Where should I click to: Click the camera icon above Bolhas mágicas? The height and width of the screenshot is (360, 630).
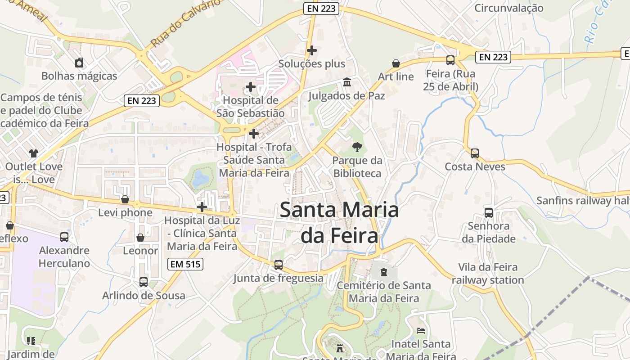tap(79, 63)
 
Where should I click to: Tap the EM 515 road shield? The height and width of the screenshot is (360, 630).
tap(185, 264)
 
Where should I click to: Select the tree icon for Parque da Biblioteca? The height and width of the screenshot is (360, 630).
tap(357, 147)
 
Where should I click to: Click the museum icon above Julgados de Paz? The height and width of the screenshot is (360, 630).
tap(347, 82)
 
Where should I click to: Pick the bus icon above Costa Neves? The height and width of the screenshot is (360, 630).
tap(474, 153)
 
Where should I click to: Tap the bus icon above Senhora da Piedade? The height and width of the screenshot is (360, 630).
tap(488, 212)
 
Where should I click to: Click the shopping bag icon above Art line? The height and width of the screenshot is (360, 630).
tap(396, 63)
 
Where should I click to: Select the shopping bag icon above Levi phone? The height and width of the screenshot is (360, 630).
tap(125, 199)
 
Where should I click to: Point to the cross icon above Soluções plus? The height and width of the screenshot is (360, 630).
tap(311, 50)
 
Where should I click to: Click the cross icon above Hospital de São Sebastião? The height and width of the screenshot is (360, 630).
tap(251, 87)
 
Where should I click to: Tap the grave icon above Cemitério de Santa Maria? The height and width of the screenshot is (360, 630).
tap(383, 272)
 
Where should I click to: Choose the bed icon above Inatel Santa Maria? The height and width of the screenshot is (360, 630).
tap(421, 331)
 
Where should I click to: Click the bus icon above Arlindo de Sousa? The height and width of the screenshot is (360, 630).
tap(144, 282)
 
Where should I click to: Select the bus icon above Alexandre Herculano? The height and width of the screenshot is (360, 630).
tap(64, 237)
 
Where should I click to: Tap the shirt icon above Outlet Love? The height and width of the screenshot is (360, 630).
tap(34, 153)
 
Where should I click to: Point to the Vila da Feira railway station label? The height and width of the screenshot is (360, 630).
tap(488, 274)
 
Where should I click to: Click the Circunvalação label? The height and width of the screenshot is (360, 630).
tap(508, 8)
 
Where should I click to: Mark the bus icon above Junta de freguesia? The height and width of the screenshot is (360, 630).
tap(279, 265)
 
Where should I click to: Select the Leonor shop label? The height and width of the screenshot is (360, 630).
tap(140, 251)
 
